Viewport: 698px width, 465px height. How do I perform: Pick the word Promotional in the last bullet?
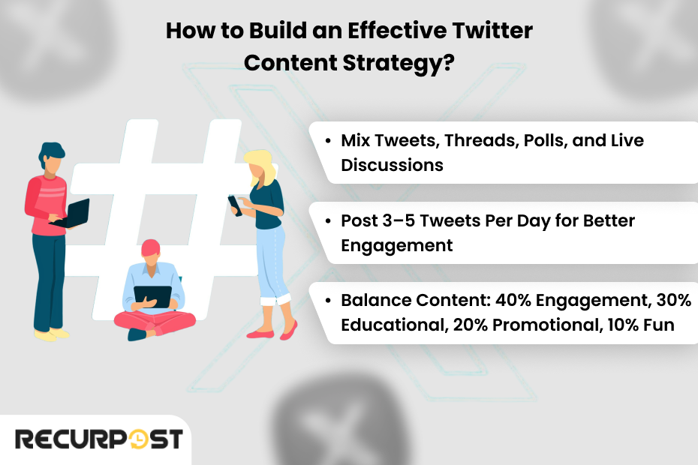coord(546,325)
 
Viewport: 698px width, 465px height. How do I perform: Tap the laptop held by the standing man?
coord(71,213)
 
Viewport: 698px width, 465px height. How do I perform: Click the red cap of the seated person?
coord(151,247)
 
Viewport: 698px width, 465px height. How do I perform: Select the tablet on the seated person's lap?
coord(152,297)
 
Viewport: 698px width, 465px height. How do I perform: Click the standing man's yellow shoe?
coord(46,335)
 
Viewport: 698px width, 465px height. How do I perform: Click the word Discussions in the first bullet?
coord(392,164)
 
